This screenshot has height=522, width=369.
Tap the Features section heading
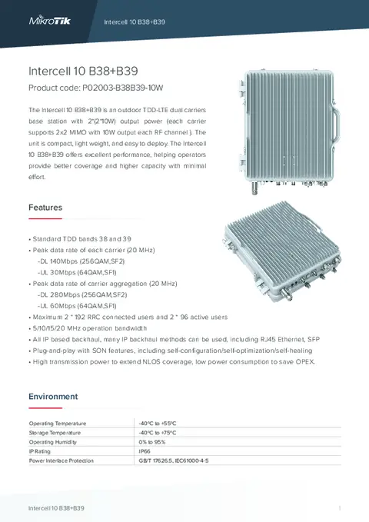point(45,208)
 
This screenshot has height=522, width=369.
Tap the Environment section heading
point(53,396)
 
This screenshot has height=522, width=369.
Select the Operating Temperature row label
point(58,424)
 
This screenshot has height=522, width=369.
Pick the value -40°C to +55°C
point(158,424)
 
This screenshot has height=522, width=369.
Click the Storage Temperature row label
point(55,433)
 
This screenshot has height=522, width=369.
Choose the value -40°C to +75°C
point(158,433)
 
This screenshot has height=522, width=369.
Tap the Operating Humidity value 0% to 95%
point(152,442)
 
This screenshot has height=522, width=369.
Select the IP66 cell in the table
point(145,451)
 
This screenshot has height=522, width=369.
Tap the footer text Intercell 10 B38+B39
point(56,509)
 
